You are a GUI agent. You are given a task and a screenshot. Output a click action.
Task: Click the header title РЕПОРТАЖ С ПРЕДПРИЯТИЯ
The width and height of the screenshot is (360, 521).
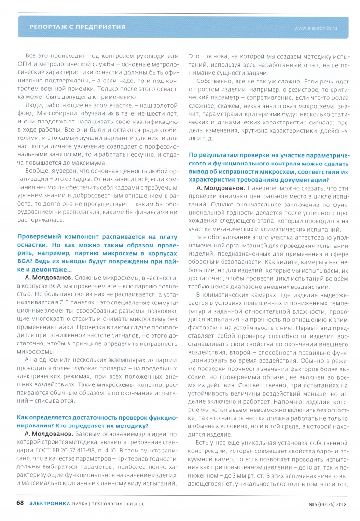(x=77, y=27)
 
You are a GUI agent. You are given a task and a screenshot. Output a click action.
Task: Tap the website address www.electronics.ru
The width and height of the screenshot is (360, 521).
(x=316, y=28)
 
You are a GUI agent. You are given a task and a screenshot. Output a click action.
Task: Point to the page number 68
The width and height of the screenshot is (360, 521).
(x=20, y=503)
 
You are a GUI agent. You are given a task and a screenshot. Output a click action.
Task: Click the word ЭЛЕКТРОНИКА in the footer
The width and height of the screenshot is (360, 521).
(x=50, y=503)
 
